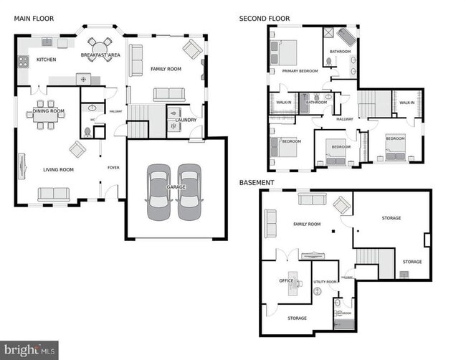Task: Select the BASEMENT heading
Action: pyautogui.click(x=256, y=183)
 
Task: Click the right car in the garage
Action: pyautogui.click(x=189, y=191)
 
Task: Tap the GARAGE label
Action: pyautogui.click(x=176, y=187)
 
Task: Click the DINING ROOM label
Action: pyautogui.click(x=48, y=111)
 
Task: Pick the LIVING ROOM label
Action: pyautogui.click(x=57, y=170)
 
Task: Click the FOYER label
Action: pyautogui.click(x=113, y=168)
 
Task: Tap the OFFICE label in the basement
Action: pyautogui.click(x=286, y=280)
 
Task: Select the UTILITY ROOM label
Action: pyautogui.click(x=325, y=282)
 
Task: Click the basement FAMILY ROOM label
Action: pyautogui.click(x=305, y=224)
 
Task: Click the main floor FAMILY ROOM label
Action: pyautogui.click(x=166, y=70)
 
